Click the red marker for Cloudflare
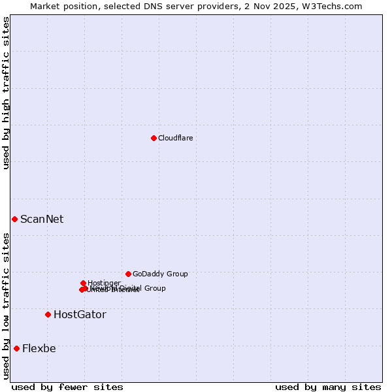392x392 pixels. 154,138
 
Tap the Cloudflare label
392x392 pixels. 175,138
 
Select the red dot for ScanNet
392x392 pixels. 14,219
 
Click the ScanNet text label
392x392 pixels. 42,219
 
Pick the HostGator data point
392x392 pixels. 48,314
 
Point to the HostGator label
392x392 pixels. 80,314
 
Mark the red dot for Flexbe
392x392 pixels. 16,348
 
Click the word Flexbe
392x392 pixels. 39,348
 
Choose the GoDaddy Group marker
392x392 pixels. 128,274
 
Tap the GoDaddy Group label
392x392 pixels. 160,274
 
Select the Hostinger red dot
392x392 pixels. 83,283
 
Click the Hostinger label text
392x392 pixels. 104,283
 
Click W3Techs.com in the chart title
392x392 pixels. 340,6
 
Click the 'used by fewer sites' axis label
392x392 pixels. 67,387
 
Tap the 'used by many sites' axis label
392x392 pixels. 328,387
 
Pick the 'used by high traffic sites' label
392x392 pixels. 6,93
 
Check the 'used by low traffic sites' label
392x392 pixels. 6,306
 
